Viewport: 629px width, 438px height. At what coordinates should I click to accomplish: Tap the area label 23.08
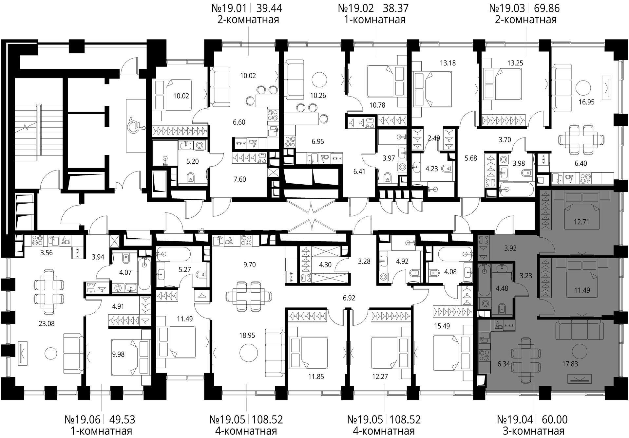pyautogui.click(x=47, y=324)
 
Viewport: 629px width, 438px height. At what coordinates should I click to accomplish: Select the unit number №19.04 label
pyautogui.click(x=516, y=419)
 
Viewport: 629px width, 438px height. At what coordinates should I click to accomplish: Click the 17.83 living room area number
pyautogui.click(x=570, y=364)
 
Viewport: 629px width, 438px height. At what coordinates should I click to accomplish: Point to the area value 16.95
pyautogui.click(x=586, y=102)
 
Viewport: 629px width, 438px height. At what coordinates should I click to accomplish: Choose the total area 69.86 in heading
pyautogui.click(x=547, y=8)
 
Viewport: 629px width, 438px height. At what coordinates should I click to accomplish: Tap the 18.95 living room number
pyautogui.click(x=247, y=336)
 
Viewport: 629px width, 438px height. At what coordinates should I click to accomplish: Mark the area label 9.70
pyautogui.click(x=249, y=265)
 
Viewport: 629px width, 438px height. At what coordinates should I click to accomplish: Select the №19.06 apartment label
pyautogui.click(x=83, y=419)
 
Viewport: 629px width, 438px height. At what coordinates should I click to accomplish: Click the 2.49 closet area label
pyautogui.click(x=434, y=138)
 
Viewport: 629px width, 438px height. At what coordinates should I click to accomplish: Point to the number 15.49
pyautogui.click(x=441, y=326)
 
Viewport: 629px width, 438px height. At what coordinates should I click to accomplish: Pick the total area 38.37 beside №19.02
pyautogui.click(x=396, y=8)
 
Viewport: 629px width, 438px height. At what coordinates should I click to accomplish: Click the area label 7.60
pyautogui.click(x=239, y=179)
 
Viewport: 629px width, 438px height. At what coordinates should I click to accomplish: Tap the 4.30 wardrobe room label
pyautogui.click(x=325, y=265)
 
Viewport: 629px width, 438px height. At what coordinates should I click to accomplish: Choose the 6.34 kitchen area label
pyautogui.click(x=503, y=364)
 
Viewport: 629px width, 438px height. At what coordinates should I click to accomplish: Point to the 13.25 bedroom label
pyautogui.click(x=515, y=63)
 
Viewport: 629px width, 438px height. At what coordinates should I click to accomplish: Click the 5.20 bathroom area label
pyautogui.click(x=192, y=161)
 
